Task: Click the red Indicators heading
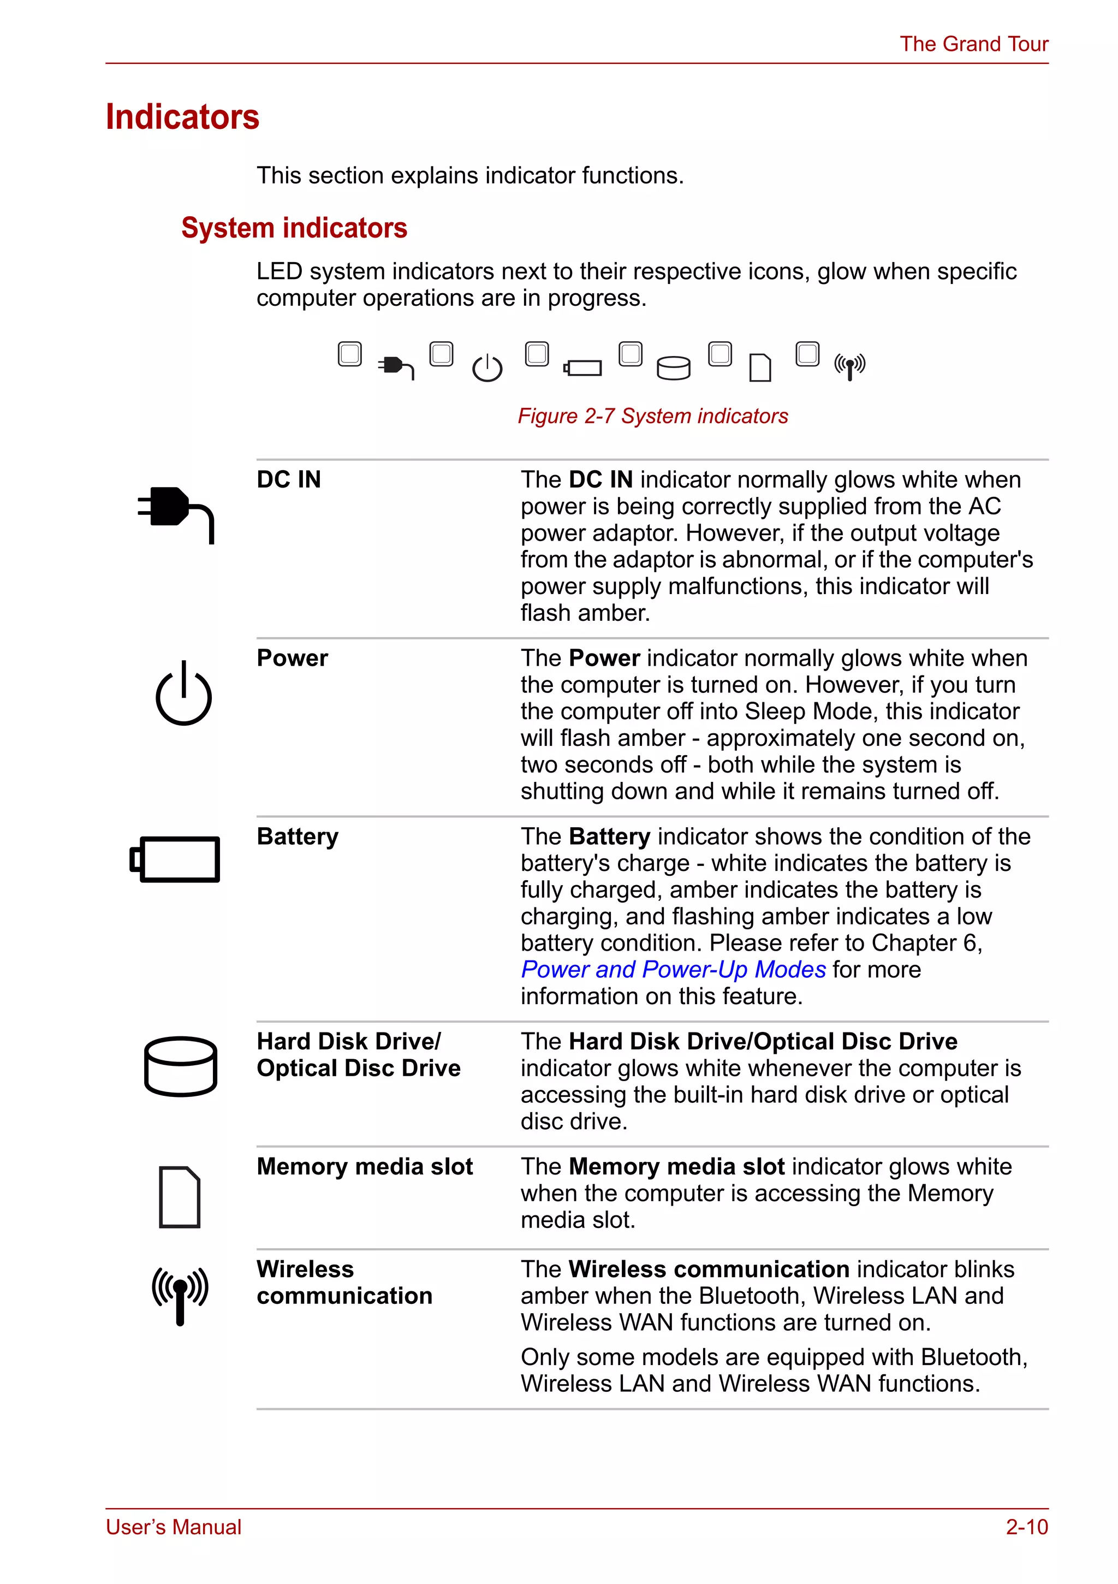(182, 117)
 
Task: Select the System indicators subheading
(294, 228)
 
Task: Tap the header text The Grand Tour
(973, 44)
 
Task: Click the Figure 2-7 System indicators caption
(652, 416)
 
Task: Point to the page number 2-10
(1026, 1527)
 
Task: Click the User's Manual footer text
(174, 1527)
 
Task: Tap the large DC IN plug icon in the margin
(176, 514)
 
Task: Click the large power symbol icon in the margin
(183, 693)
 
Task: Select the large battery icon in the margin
(175, 859)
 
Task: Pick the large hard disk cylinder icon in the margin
(181, 1066)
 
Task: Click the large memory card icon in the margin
(179, 1197)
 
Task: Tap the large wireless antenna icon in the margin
(180, 1295)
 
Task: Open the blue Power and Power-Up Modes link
(673, 969)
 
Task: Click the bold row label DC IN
(289, 479)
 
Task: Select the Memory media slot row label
(364, 1167)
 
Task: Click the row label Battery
(298, 837)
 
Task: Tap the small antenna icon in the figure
(850, 367)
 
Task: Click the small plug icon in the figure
(396, 367)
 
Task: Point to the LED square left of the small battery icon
(537, 354)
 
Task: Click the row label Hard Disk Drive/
(348, 1041)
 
